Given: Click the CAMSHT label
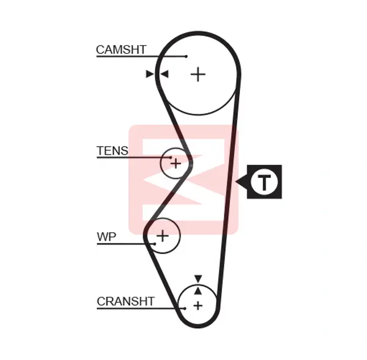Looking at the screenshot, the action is click(x=121, y=50).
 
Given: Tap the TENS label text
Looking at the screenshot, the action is click(x=113, y=150).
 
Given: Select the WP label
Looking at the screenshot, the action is click(x=106, y=237).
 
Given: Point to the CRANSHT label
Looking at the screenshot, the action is click(x=125, y=301).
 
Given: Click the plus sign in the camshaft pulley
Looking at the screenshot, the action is click(x=198, y=75).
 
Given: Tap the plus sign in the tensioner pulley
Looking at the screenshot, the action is click(x=176, y=163).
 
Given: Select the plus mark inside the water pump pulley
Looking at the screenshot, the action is click(x=163, y=235).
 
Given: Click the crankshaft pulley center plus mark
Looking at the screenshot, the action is click(x=198, y=306).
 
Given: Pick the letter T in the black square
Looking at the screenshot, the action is click(x=264, y=182).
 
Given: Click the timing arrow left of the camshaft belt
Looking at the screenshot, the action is click(x=150, y=74).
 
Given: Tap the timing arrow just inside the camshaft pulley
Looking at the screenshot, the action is click(x=165, y=74).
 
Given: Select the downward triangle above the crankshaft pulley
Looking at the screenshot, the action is click(x=198, y=278).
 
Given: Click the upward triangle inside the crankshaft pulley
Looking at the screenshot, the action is click(x=198, y=291).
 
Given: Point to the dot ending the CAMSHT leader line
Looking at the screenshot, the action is click(x=186, y=56).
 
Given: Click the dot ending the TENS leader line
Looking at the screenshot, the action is click(x=171, y=158).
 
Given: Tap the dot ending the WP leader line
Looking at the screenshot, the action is click(x=155, y=244).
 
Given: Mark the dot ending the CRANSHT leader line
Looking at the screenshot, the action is click(x=185, y=309).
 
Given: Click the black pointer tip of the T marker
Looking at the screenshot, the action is click(x=235, y=182).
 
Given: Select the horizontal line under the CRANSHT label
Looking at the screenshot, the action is click(x=141, y=309).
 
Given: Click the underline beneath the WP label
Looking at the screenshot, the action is click(x=125, y=244).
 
